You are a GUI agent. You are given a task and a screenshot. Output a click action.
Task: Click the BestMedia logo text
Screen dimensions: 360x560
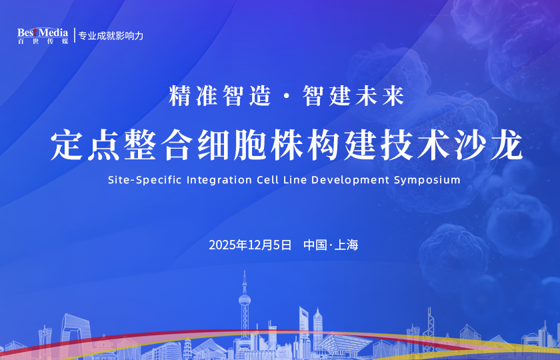(43, 32)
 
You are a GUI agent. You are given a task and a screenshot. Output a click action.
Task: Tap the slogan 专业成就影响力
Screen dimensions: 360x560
(111, 35)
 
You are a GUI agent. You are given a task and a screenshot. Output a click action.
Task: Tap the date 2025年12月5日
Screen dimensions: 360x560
(250, 245)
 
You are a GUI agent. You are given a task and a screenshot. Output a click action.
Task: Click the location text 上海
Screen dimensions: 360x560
(347, 245)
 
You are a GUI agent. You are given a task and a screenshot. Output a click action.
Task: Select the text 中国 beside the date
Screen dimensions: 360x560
(315, 245)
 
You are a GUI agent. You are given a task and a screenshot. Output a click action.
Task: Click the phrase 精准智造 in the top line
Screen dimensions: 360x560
(220, 96)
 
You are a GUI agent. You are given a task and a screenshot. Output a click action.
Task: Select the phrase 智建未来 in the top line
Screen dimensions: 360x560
(354, 96)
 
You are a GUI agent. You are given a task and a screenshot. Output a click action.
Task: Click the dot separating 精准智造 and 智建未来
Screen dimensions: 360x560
(287, 97)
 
